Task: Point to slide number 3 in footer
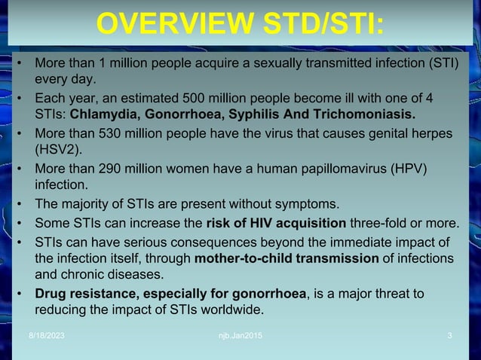pyautogui.click(x=449, y=334)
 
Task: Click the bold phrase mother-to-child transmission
pyautogui.click(x=286, y=258)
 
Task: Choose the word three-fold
pyautogui.click(x=377, y=223)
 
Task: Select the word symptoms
pyautogui.click(x=314, y=204)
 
